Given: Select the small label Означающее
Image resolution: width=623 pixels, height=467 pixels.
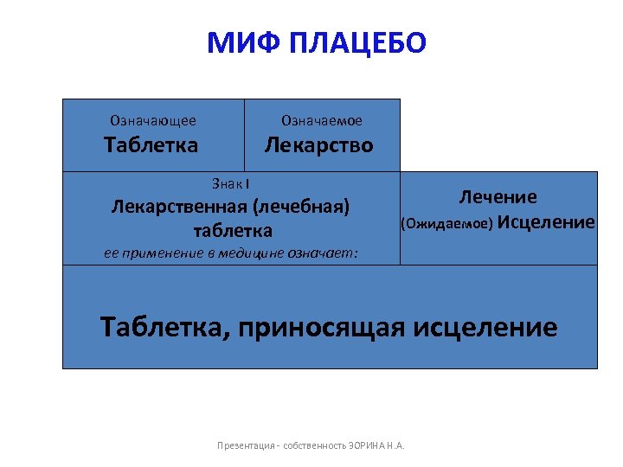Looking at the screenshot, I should pos(152,121).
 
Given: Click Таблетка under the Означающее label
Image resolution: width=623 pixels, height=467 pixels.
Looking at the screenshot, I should pos(151,144).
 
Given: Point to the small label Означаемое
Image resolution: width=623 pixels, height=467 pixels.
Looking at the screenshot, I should pos(322,121).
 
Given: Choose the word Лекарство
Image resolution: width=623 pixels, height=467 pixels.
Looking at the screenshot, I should pos(319,144).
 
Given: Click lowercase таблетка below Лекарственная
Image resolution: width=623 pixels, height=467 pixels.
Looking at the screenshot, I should pos(233,231).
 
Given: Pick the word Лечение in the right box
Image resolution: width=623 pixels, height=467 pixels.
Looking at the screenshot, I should pos(498,197).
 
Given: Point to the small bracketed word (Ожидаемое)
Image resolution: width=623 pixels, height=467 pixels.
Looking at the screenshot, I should pos(446,224).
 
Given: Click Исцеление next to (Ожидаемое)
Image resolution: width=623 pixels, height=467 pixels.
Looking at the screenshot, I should pos(547,222).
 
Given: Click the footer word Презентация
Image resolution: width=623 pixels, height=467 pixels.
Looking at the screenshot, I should pos(244,446).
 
